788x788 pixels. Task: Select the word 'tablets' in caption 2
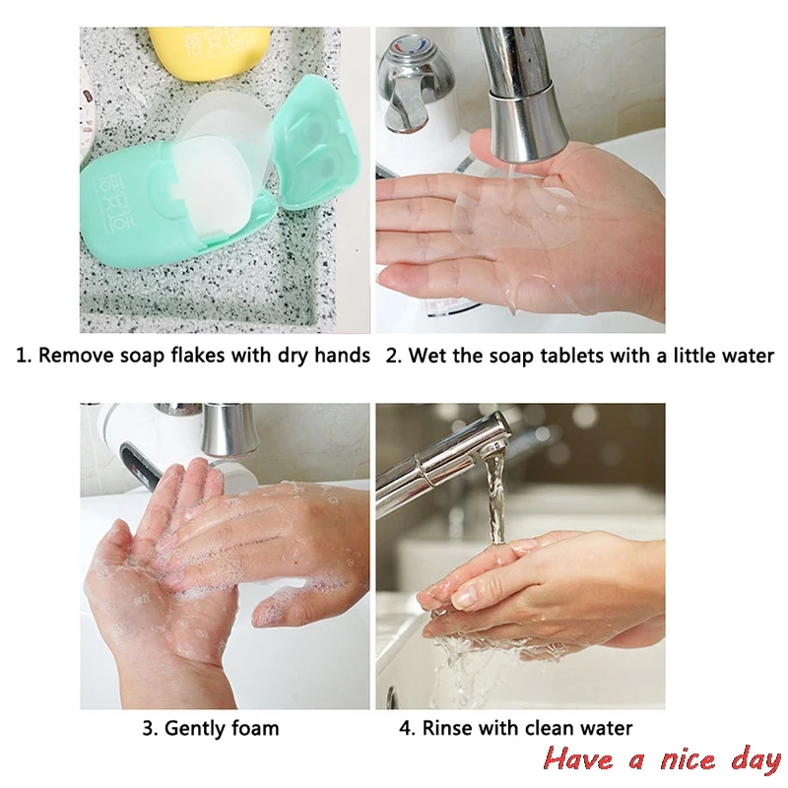pyautogui.click(x=572, y=356)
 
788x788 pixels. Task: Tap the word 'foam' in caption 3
pyautogui.click(x=256, y=730)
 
